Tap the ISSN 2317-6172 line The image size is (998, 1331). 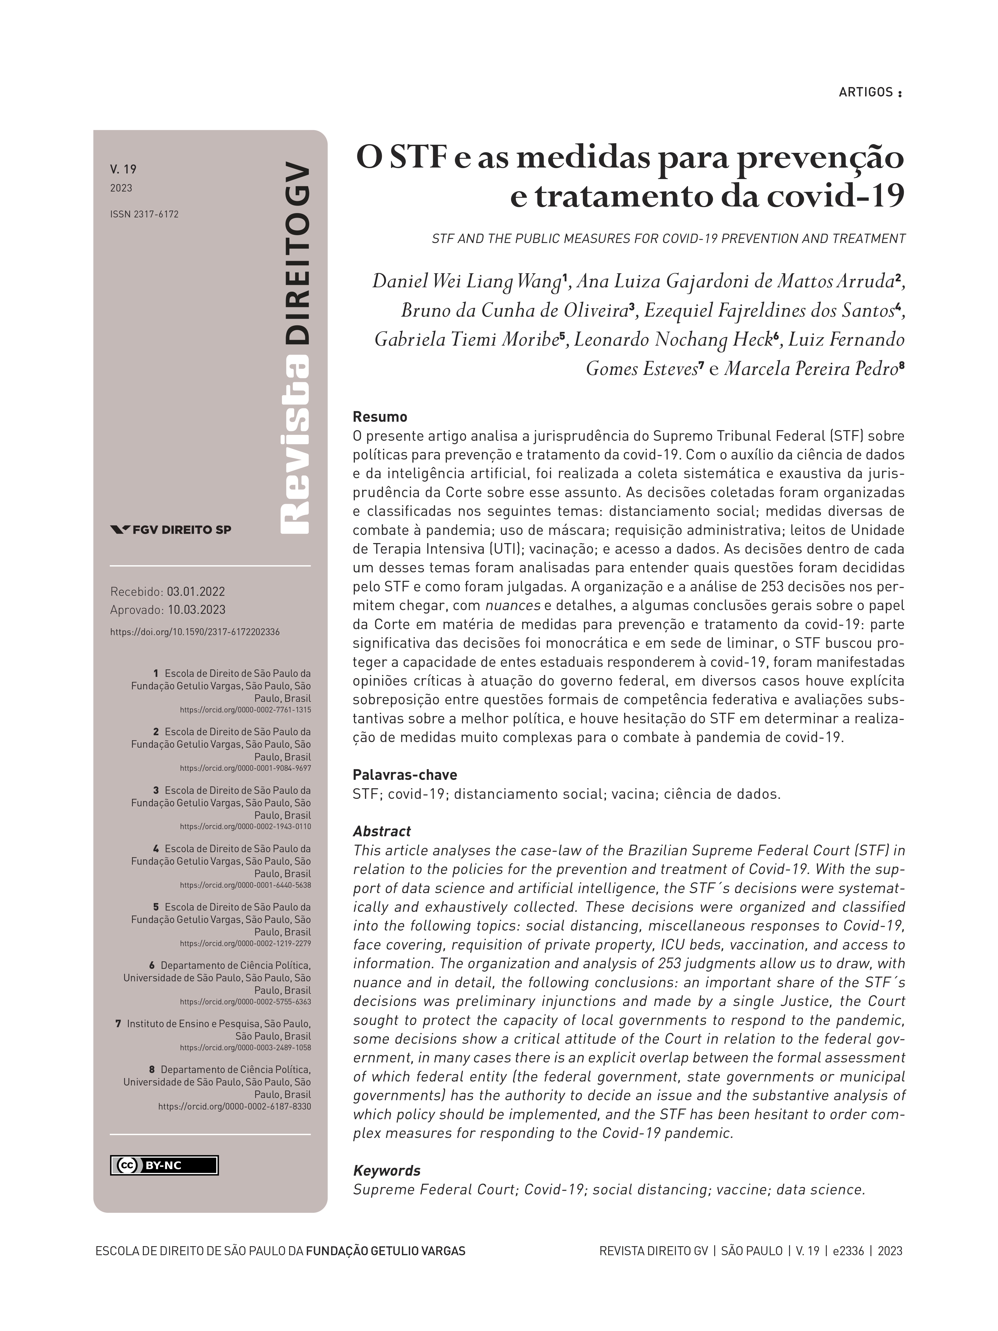[144, 214]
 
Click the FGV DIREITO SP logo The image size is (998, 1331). [171, 530]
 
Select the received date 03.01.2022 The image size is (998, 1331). [196, 591]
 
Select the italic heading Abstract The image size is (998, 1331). [381, 831]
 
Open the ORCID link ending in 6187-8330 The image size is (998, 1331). [235, 1106]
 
